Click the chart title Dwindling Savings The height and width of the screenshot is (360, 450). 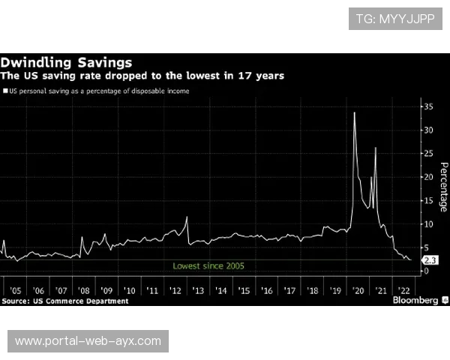click(66, 61)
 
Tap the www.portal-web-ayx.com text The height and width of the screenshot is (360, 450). click(88, 341)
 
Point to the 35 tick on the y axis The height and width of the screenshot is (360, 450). click(429, 107)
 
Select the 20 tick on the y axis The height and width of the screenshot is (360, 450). click(429, 177)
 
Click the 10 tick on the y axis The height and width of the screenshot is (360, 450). click(429, 223)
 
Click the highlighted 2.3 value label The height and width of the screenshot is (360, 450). click(430, 260)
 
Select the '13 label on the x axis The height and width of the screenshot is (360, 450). click(198, 290)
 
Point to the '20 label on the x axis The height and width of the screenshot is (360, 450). click(358, 290)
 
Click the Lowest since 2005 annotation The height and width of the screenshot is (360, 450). click(208, 265)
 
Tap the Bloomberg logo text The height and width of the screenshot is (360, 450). click(415, 300)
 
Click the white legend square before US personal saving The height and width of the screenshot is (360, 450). click(5, 91)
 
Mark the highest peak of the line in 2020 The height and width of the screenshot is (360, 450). click(354, 112)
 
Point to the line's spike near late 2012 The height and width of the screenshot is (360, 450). click(187, 217)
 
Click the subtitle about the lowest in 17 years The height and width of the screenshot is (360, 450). click(142, 76)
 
